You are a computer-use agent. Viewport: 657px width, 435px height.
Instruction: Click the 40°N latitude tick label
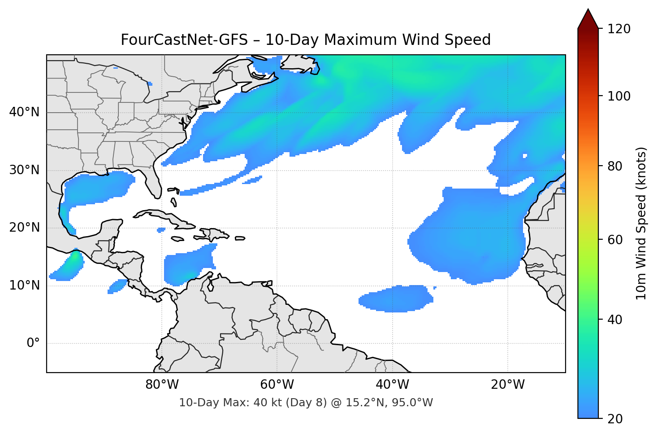[24, 112]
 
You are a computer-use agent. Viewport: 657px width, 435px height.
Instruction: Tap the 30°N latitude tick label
[24, 170]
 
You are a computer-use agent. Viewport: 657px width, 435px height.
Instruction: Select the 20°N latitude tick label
[24, 228]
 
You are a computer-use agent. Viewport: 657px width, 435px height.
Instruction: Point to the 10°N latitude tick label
[24, 286]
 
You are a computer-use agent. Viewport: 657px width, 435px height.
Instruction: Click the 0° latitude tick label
[33, 343]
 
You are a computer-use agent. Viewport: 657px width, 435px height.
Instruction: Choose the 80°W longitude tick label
[162, 385]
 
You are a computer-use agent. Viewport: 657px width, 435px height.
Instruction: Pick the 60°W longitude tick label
[277, 385]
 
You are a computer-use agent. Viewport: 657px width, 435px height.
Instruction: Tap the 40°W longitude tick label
[392, 385]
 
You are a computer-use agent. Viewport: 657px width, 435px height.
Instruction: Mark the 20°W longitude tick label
[508, 385]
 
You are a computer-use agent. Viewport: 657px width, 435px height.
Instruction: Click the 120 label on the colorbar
[619, 29]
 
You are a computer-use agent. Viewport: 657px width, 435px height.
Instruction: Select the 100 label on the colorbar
[619, 96]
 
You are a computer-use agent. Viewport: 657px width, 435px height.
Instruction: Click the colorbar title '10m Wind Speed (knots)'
[641, 224]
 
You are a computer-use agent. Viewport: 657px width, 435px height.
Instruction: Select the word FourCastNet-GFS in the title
[184, 40]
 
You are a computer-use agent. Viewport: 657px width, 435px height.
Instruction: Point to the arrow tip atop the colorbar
[588, 10]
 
